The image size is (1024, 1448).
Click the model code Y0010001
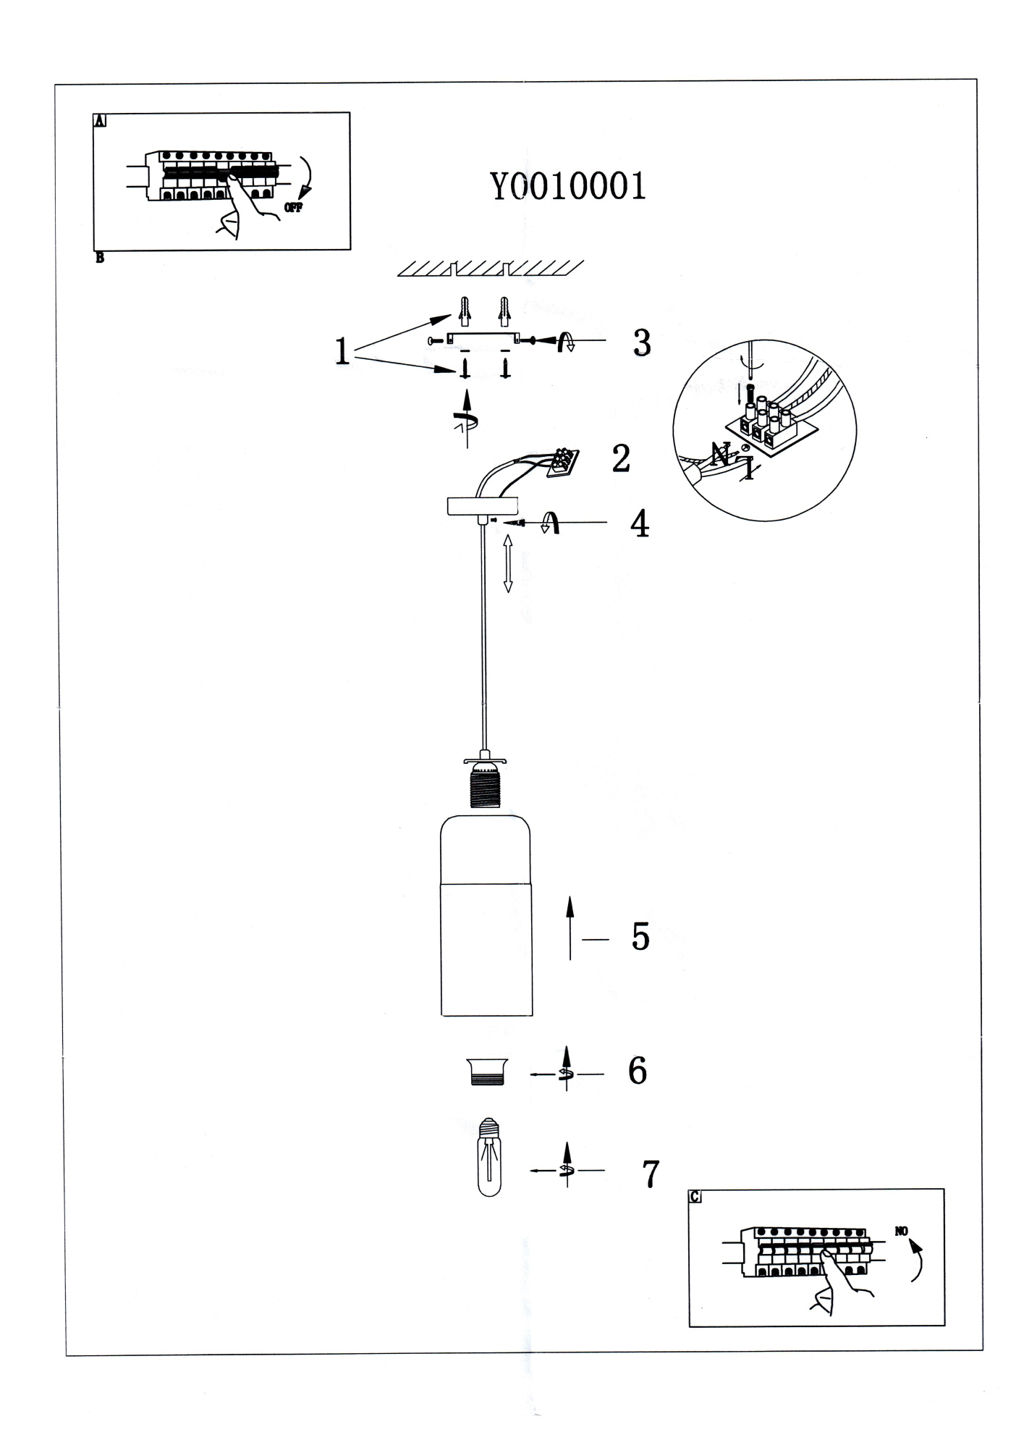pyautogui.click(x=568, y=187)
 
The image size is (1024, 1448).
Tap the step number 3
pyautogui.click(x=641, y=343)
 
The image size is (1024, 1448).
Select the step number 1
pyautogui.click(x=342, y=353)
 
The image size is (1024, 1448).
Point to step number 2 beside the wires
pyautogui.click(x=621, y=458)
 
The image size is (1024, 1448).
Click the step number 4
pyautogui.click(x=639, y=524)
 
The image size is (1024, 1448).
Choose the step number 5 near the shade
pyautogui.click(x=640, y=937)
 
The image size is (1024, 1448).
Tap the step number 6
pyautogui.click(x=637, y=1071)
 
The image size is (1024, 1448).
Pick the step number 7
pyautogui.click(x=651, y=1174)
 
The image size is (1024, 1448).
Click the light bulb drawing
pyautogui.click(x=490, y=1157)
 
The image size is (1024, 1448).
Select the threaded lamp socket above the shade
pyautogui.click(x=485, y=791)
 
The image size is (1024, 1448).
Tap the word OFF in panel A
pyautogui.click(x=293, y=208)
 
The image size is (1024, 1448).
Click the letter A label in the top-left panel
pyautogui.click(x=100, y=121)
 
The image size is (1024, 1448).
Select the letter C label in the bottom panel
pyautogui.click(x=695, y=1197)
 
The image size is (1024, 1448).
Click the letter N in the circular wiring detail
pyautogui.click(x=720, y=455)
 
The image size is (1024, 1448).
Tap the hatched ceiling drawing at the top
pyautogui.click(x=490, y=269)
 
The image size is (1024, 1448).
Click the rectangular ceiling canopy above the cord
pyautogui.click(x=483, y=505)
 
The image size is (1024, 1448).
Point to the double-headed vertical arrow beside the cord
pyautogui.click(x=508, y=563)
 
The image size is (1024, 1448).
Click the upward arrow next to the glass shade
pyautogui.click(x=570, y=927)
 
